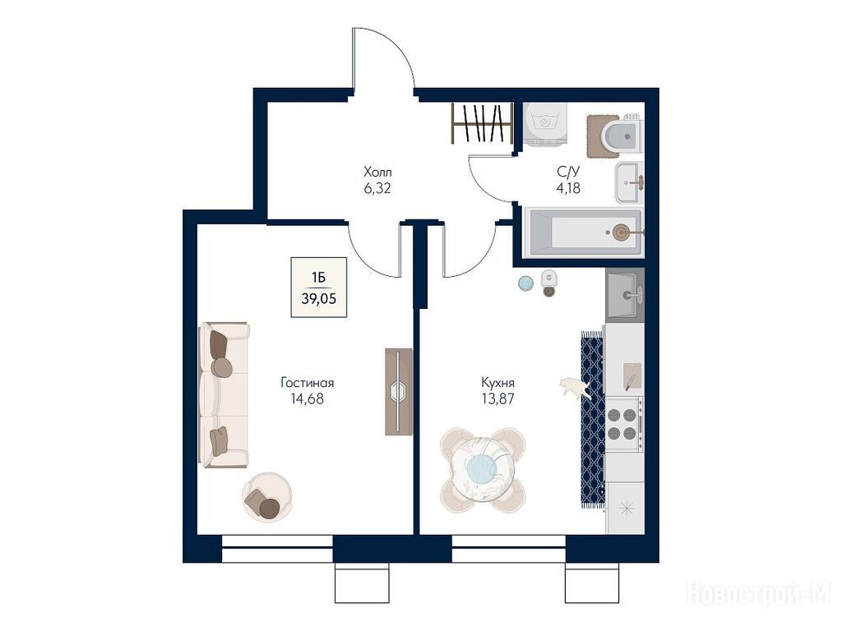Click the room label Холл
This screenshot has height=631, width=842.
(x=377, y=173)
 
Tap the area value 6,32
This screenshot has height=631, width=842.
(x=377, y=188)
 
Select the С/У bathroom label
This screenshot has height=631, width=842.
(x=568, y=172)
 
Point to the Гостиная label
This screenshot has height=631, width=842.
(x=308, y=383)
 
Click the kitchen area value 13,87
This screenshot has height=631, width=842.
(x=497, y=398)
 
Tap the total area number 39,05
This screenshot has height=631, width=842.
(x=319, y=299)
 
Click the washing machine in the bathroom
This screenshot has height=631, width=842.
(x=544, y=125)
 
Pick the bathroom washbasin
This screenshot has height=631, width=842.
(x=629, y=182)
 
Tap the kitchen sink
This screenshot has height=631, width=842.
(x=625, y=295)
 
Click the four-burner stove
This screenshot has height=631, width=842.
(x=624, y=423)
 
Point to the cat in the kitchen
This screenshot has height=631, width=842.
(x=575, y=388)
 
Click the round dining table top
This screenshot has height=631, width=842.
(x=482, y=469)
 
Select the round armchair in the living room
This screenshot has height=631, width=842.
(x=267, y=497)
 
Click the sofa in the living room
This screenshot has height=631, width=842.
(x=224, y=394)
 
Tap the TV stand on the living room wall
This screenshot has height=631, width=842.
(x=399, y=392)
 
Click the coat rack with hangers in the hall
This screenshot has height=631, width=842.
(x=480, y=123)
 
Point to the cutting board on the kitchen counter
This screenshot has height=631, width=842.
(x=631, y=376)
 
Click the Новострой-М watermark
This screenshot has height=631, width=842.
(x=759, y=593)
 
